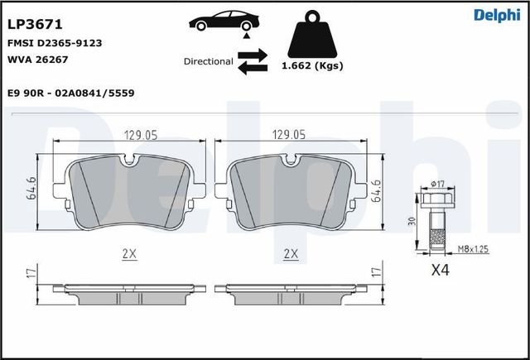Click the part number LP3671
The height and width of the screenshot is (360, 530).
(x=35, y=24)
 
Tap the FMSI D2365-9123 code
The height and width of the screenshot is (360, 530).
(x=55, y=43)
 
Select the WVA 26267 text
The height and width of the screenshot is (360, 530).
(x=37, y=60)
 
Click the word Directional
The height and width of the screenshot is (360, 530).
(x=208, y=61)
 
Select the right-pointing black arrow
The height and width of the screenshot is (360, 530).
(x=253, y=55)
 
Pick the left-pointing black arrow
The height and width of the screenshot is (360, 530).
(x=253, y=68)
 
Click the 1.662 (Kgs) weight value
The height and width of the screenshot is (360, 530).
(x=312, y=65)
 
